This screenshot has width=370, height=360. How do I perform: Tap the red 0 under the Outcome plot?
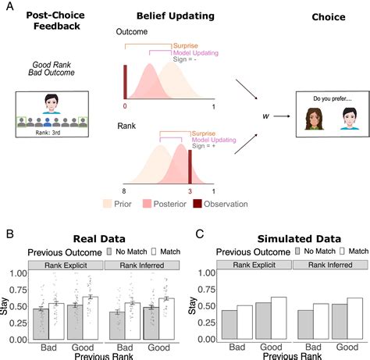point(124,104)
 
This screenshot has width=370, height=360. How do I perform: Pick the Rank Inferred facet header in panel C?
point(325,266)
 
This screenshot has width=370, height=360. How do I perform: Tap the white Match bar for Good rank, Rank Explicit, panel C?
point(279,319)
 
